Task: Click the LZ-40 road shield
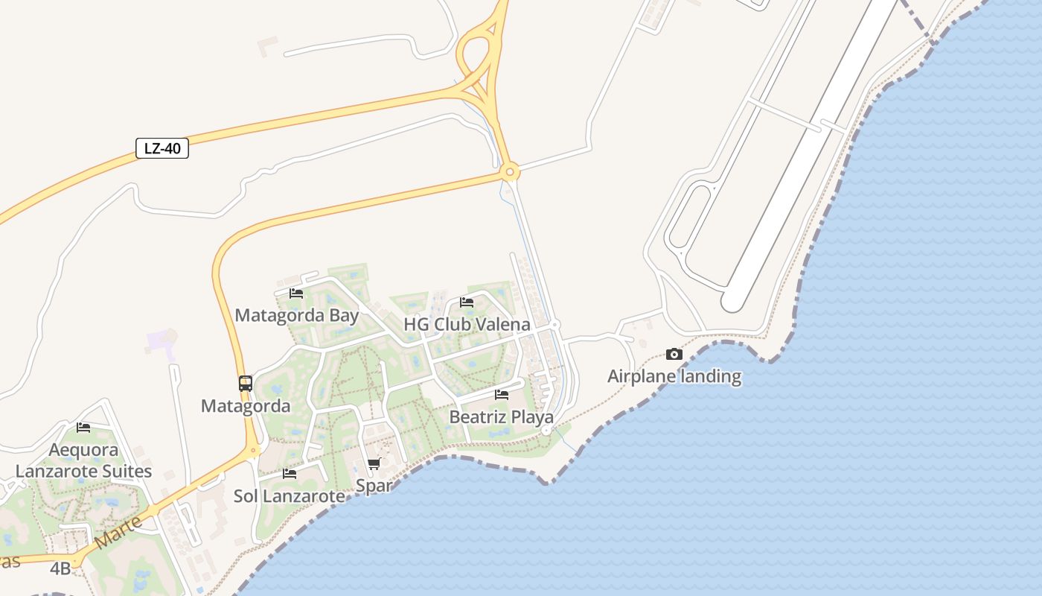coord(162,148)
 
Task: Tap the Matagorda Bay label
coord(297,315)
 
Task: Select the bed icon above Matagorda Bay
coord(296,294)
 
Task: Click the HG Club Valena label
coord(467,324)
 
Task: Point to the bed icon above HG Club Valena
coord(467,302)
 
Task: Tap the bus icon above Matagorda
coord(246,384)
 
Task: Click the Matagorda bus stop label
coord(246,406)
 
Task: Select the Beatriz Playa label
coord(502,417)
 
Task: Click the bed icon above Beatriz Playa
coord(502,395)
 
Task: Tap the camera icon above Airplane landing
coord(674,355)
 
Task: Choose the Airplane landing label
coord(674,376)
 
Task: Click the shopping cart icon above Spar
coord(374,464)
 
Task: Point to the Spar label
coord(374,486)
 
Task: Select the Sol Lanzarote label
coord(290,496)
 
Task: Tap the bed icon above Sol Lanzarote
coord(290,474)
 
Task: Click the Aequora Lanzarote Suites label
coord(83,460)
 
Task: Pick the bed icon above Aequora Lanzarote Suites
coord(83,428)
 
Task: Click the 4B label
coord(60,569)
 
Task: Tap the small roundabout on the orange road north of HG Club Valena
coord(510,173)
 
